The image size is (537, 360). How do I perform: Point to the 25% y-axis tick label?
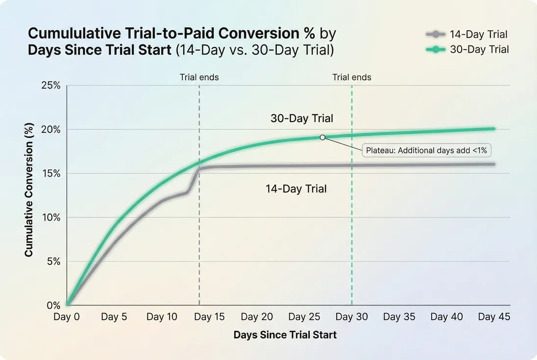50,86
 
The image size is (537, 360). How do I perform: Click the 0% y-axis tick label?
53,305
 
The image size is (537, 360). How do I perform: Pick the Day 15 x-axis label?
209,317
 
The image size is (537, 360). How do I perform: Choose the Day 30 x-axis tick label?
351,317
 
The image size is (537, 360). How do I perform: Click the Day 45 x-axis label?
494,317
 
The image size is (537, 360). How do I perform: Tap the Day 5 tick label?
114,317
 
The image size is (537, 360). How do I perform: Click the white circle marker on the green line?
322,137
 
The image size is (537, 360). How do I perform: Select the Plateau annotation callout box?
427,150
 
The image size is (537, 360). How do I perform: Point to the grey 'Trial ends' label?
199,77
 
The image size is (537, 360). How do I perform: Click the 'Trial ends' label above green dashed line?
352,77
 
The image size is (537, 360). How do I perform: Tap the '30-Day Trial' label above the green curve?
302,119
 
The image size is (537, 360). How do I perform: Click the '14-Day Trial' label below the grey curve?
296,189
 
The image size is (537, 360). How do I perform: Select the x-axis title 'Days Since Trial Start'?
285,335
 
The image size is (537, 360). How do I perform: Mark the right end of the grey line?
493,164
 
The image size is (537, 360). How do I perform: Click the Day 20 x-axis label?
257,317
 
